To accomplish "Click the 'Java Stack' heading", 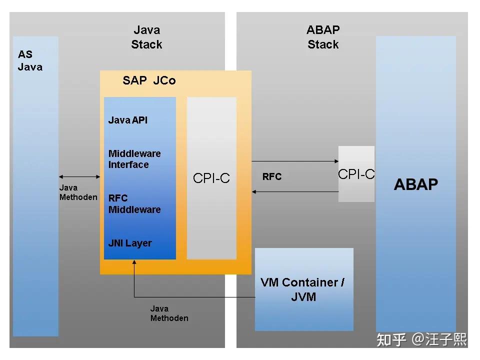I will (x=146, y=37).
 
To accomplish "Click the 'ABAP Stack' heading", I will (x=323, y=37).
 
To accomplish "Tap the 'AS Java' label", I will (x=30, y=60).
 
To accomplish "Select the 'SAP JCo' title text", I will (x=149, y=80).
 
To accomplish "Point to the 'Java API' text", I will (x=128, y=120).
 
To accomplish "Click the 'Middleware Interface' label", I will (x=134, y=159).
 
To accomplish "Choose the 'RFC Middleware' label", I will (x=134, y=203).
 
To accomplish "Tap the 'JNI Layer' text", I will (x=129, y=243).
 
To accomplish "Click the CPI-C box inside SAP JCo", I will (x=211, y=178).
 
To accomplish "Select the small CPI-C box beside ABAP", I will (x=356, y=174).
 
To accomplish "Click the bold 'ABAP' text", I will (x=415, y=184).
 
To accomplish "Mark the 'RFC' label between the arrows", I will (x=271, y=177).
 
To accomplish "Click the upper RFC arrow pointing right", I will (x=295, y=161).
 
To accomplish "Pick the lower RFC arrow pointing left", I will (x=295, y=191).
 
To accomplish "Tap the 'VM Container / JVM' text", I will (x=303, y=289).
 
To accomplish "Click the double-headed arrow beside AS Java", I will (x=80, y=176).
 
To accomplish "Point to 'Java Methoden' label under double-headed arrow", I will (x=78, y=192).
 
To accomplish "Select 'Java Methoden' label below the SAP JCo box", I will (x=169, y=313).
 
